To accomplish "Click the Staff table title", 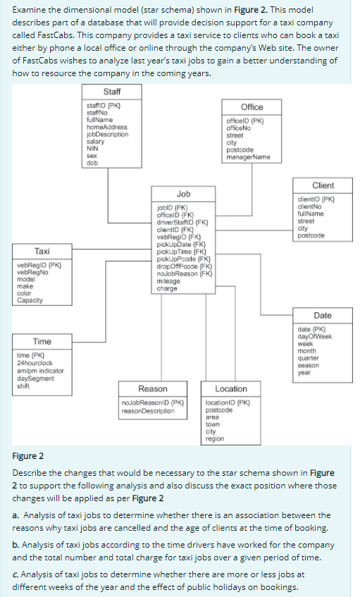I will pos(111,92).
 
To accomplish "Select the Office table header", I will pos(252,107).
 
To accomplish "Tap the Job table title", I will pos(183,193).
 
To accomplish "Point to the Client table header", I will pos(322,185).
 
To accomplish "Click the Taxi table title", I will pos(42,252).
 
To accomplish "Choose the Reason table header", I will pos(153,389).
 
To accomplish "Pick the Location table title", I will pos(231,389).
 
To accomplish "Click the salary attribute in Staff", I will pos(95,142).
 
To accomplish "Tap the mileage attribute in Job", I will pos(168,282).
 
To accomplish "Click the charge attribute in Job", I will pos(167,288).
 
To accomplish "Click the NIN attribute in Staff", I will pos(91,148).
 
